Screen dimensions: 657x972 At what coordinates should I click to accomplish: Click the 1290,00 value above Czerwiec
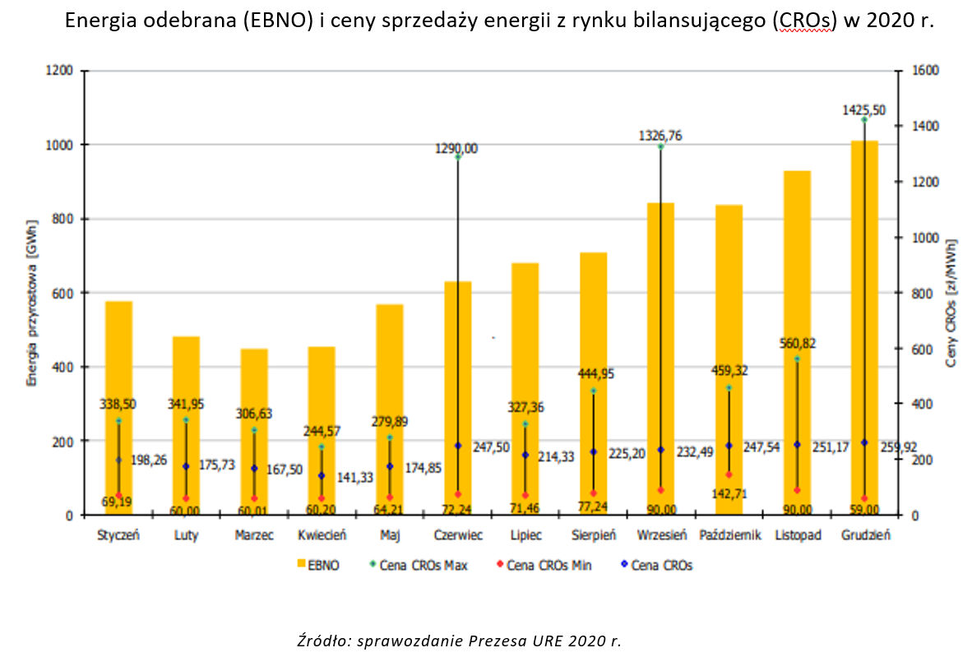coord(457,149)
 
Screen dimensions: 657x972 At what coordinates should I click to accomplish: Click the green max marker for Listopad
coord(796,359)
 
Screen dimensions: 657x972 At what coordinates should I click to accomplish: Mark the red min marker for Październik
coord(728,474)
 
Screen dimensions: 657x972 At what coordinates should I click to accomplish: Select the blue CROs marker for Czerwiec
coord(457,446)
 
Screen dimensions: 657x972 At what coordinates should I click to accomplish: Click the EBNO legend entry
coord(317,566)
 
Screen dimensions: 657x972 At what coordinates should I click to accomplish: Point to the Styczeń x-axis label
coord(118,535)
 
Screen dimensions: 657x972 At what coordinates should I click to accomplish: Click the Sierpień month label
coord(593,535)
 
